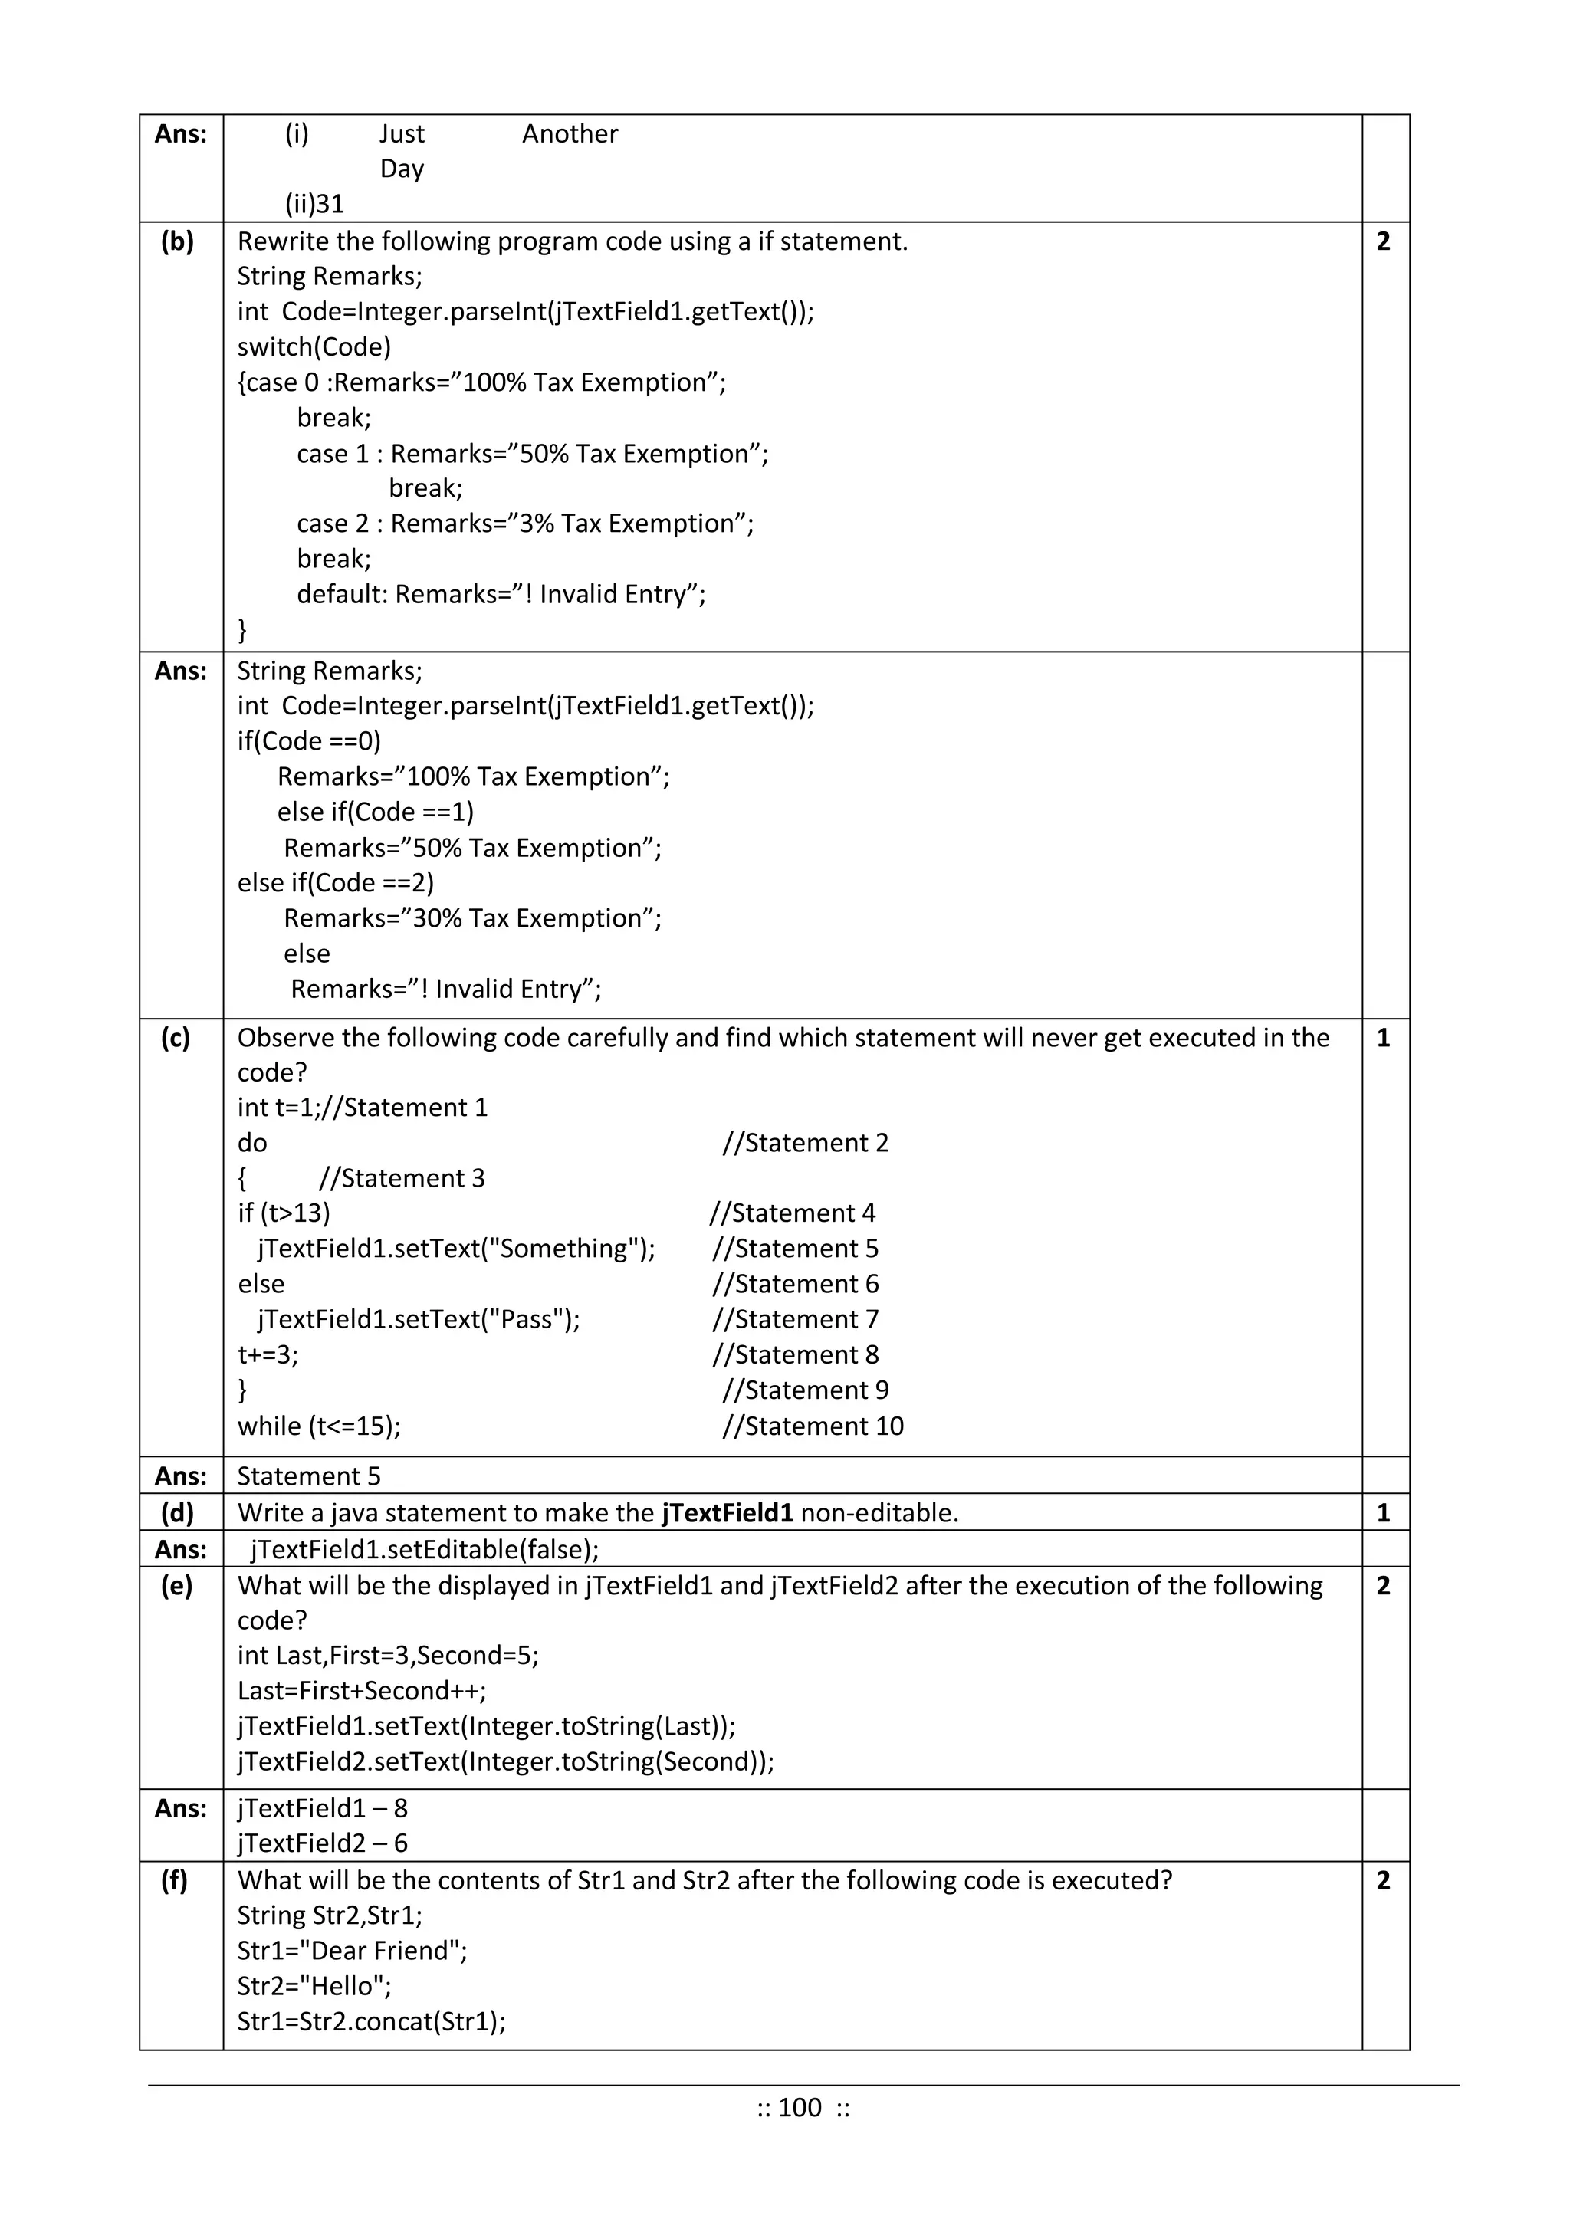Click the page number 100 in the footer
800,2107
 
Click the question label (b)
177,241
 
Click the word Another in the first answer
570,133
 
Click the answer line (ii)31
314,204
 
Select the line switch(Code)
314,347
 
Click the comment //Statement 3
401,1178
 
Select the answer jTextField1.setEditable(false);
425,1549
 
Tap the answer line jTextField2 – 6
322,1843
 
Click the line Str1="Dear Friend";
352,1950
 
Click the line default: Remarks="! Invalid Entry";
501,593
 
